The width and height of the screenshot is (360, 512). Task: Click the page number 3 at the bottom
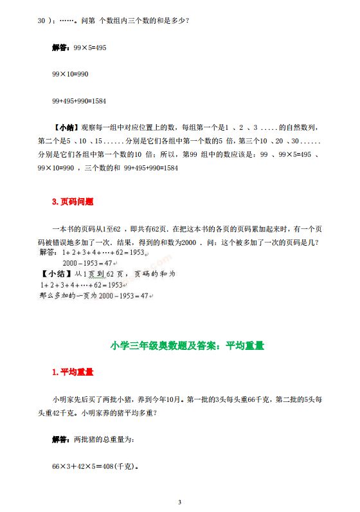point(180,502)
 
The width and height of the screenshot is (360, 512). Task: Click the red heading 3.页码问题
point(73,201)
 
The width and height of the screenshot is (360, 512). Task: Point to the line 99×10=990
point(69,75)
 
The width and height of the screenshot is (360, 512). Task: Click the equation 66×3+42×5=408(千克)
point(96,466)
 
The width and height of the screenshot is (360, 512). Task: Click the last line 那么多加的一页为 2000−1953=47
point(94,297)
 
